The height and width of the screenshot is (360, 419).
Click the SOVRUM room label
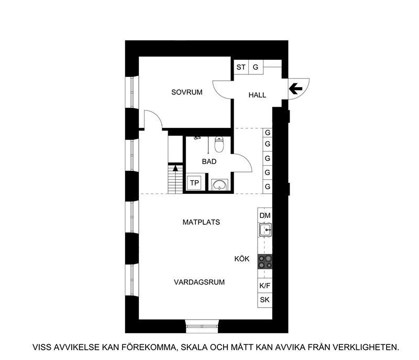click(x=187, y=92)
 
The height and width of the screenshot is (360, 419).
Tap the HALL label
click(x=257, y=95)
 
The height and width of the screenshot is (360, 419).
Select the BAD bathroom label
click(x=209, y=161)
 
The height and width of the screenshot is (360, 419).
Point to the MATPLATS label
click(x=201, y=222)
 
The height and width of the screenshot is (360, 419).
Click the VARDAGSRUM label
click(x=199, y=282)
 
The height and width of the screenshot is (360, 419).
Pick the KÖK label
click(x=242, y=258)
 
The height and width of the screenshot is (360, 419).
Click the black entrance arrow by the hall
click(x=295, y=89)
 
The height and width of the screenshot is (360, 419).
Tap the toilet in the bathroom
click(x=219, y=144)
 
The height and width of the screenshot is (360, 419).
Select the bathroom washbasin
click(x=219, y=184)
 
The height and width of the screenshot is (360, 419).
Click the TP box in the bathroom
click(x=194, y=183)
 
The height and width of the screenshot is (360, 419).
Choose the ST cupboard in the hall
click(x=241, y=67)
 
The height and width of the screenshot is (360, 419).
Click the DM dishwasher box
click(x=265, y=215)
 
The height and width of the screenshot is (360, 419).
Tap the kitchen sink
click(x=266, y=230)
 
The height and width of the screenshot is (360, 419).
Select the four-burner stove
click(x=265, y=261)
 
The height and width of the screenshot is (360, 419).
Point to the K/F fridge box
click(x=265, y=286)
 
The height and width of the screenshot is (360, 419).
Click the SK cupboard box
click(x=265, y=300)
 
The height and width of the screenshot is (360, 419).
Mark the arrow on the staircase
click(x=175, y=168)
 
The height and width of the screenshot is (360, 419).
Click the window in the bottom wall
click(x=202, y=326)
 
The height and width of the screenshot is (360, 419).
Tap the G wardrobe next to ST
click(x=256, y=67)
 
